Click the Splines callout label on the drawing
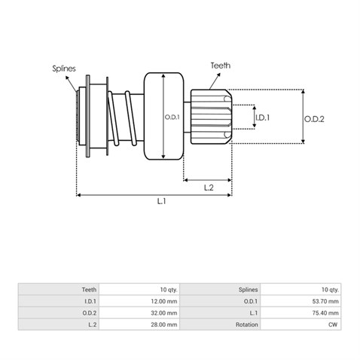point(64,69)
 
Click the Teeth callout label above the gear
point(221,66)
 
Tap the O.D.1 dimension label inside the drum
point(172,117)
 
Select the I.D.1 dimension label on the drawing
point(262,117)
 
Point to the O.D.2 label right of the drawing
point(314,119)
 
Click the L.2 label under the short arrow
point(209,188)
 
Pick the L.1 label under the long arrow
point(161,201)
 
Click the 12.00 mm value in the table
point(164,301)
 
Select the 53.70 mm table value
point(325,301)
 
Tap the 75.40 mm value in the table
point(325,313)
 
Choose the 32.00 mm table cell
point(164,313)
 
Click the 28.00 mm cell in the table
point(164,325)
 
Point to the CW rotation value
point(333,325)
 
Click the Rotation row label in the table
point(247,325)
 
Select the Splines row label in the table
point(249,290)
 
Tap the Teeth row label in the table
point(89,290)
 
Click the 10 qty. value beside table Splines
point(330,290)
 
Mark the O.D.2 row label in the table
point(90,313)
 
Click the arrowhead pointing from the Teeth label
point(218,75)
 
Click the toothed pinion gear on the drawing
point(211,117)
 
